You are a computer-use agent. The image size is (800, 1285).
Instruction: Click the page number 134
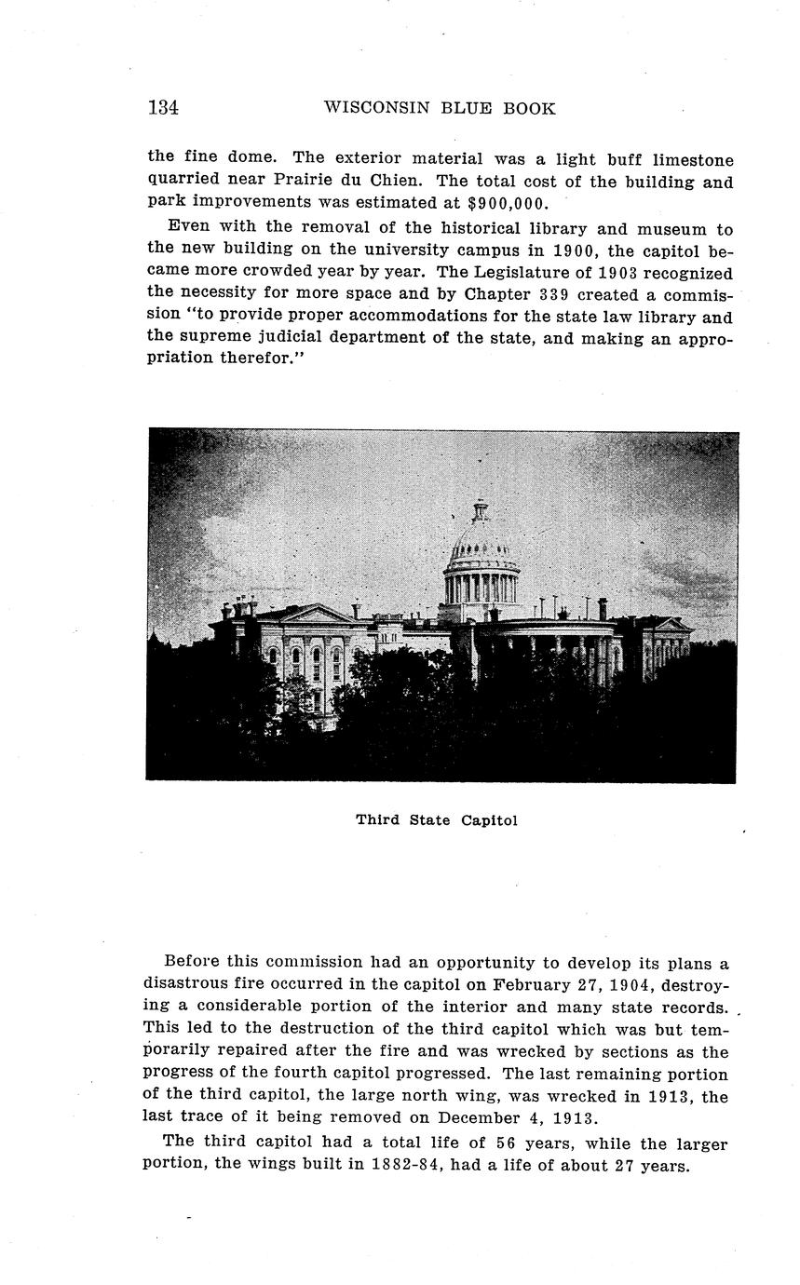pos(163,108)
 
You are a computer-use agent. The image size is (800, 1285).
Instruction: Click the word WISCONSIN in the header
pos(370,108)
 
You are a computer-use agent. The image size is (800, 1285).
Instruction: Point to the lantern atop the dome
pos(481,511)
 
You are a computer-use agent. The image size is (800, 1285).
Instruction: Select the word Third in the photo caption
pos(378,820)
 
